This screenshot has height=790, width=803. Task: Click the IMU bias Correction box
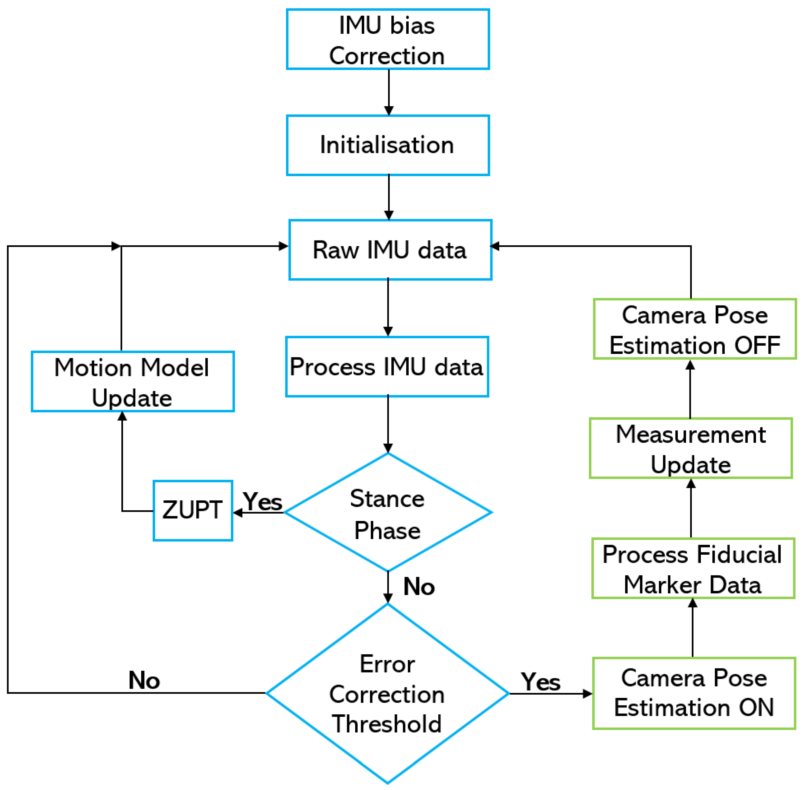[x=388, y=39]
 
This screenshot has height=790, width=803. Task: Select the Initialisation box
[x=388, y=145]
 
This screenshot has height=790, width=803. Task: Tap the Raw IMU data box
[x=390, y=250]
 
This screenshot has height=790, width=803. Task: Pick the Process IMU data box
[x=387, y=367]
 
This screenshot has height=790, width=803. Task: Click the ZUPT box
[x=192, y=511]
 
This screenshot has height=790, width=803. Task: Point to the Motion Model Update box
[x=133, y=382]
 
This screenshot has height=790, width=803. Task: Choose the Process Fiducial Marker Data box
[x=693, y=568]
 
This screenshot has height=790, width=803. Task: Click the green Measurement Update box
[x=691, y=448]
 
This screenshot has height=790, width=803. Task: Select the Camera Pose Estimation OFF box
[x=695, y=329]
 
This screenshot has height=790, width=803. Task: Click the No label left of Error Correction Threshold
[x=144, y=681]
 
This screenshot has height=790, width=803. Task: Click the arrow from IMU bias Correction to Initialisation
[x=388, y=92]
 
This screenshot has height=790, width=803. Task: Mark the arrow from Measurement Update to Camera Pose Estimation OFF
[x=690, y=389]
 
